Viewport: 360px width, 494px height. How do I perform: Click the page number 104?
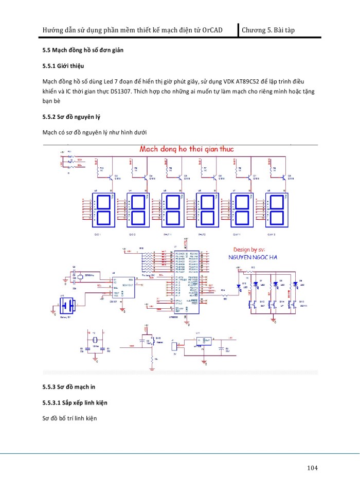[x=312, y=468]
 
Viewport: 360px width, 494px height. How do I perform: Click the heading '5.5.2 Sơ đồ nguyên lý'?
[x=71, y=117]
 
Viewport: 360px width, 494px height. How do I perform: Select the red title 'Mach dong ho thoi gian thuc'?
[x=187, y=149]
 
